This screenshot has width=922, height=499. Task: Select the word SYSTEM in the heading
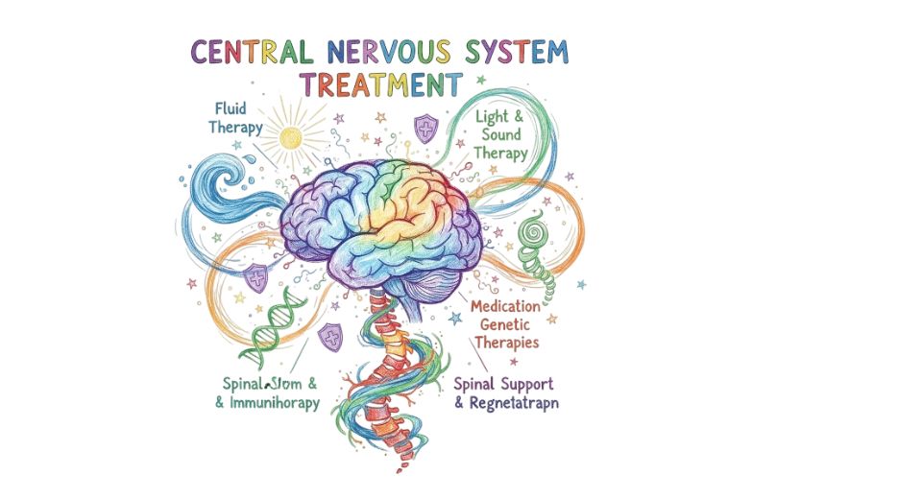tap(514, 52)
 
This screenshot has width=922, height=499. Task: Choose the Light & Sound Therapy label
tap(502, 134)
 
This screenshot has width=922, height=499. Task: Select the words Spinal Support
tap(502, 384)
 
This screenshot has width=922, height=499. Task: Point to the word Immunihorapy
tap(273, 403)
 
